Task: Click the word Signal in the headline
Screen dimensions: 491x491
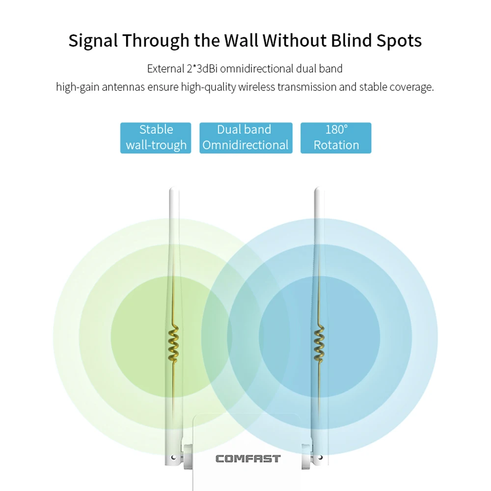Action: (93, 41)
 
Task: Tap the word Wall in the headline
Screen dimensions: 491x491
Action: (242, 40)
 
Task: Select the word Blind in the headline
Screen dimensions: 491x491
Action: (351, 40)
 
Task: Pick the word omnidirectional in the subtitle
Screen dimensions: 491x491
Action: (256, 69)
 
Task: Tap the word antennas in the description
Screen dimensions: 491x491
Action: (123, 87)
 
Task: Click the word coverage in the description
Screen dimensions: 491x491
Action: (411, 87)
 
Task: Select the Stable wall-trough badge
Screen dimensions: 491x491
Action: (156, 138)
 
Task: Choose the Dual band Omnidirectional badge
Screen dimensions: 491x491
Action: (246, 138)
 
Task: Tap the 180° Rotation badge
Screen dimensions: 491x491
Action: (336, 138)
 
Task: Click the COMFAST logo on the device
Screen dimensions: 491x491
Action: (248, 459)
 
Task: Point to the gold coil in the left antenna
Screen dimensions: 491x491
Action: (173, 344)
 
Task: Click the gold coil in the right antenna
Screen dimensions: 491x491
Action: (319, 344)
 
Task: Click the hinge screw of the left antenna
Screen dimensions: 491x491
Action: (173, 458)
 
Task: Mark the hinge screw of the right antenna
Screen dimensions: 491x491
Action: (320, 458)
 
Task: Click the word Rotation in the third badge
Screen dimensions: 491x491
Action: (336, 145)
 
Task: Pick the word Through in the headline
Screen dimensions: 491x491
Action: (156, 41)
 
